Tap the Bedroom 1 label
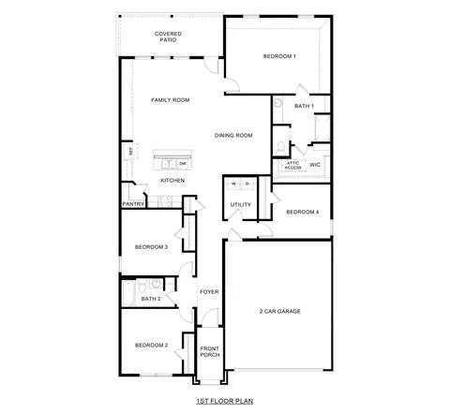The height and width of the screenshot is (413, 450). (279, 57)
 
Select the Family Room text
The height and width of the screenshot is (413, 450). (171, 99)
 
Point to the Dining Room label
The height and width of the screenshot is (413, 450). (234, 135)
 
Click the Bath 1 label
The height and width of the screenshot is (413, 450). (304, 106)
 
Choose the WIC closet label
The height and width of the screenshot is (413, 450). (315, 164)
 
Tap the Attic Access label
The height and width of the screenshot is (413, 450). (293, 165)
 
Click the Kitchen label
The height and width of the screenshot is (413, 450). (172, 180)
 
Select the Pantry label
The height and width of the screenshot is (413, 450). (133, 203)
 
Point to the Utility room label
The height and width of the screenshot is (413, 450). (240, 204)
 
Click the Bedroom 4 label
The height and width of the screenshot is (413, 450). (302, 212)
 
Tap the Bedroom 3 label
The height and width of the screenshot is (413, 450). (151, 246)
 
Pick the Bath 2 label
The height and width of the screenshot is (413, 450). (151, 299)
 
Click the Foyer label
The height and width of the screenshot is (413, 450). (208, 291)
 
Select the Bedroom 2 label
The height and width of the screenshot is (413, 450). (151, 345)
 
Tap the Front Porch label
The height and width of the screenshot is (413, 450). (210, 352)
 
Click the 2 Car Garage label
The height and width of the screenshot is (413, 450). (279, 311)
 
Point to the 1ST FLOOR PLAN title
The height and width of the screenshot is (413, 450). (224, 400)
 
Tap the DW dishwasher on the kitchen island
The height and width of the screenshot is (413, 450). (183, 163)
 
